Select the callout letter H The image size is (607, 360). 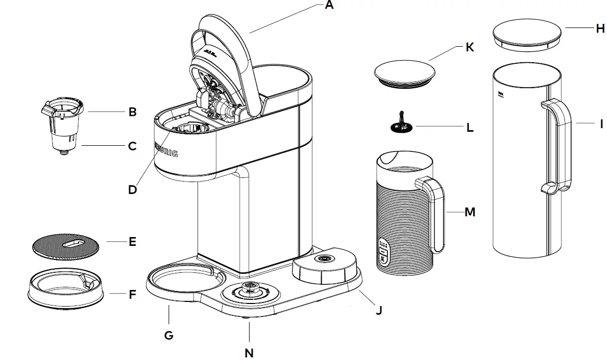600,28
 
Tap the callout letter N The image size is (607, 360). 249,352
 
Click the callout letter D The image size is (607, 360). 133,190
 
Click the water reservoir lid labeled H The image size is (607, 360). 527,37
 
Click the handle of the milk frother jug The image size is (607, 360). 436,213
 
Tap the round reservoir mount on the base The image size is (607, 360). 324,262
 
